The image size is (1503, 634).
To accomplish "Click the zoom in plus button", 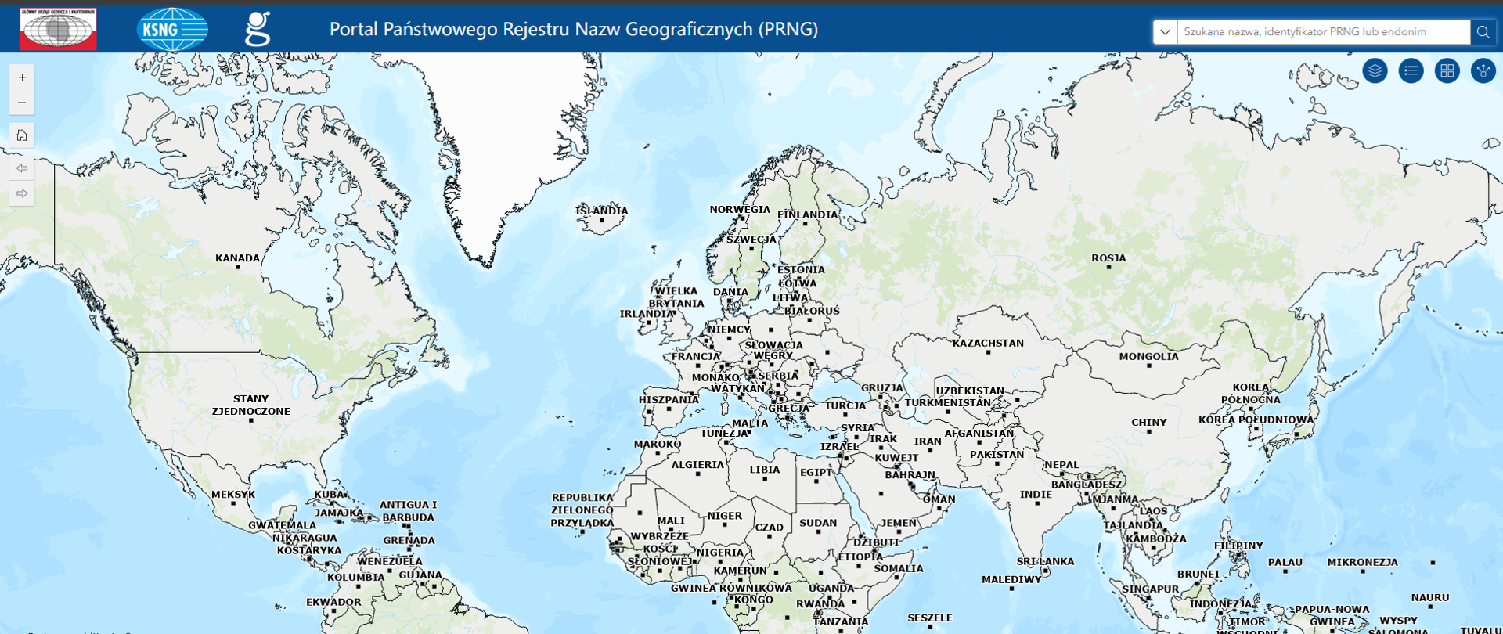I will [x=22, y=77].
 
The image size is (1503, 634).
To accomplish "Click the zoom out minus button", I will [x=22, y=103].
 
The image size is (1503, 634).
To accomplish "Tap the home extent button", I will [x=22, y=135].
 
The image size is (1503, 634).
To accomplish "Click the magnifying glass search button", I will [x=1483, y=32].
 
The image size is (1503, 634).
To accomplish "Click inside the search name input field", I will [x=1323, y=32].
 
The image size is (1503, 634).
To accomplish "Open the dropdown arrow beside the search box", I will [x=1165, y=32].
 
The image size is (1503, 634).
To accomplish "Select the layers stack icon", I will [x=1375, y=71].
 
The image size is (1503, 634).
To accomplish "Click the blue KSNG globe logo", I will [x=172, y=30].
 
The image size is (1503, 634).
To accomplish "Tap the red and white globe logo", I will [x=59, y=29].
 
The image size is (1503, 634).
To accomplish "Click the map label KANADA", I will [x=237, y=258].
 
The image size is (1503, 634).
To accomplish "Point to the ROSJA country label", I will [x=1108, y=258].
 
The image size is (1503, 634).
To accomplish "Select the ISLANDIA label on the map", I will [x=601, y=211].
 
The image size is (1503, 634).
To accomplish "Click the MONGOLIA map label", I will [x=1148, y=357].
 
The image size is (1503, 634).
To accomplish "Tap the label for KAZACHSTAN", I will [x=988, y=344].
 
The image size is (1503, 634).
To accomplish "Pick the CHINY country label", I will [x=1148, y=423].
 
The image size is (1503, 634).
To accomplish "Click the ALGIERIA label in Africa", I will [x=697, y=465].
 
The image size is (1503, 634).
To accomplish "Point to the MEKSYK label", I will [x=233, y=495].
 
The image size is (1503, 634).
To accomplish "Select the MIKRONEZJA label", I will [x=1362, y=562].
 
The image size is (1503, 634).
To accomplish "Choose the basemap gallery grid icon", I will [x=1447, y=71].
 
